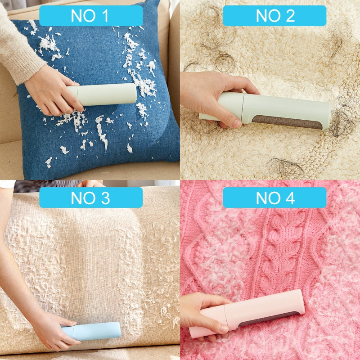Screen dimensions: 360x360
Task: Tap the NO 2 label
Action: click(274, 16)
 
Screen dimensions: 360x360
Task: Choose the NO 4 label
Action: click(274, 198)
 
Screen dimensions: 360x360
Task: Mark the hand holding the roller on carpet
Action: click(211, 97)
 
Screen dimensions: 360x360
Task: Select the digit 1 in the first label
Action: click(104, 16)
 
